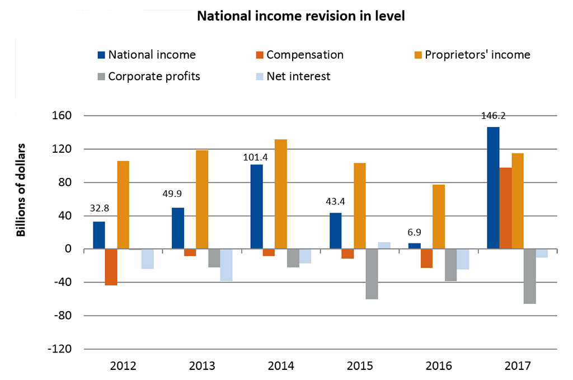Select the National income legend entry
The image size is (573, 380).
pos(147,55)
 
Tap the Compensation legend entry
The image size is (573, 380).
pos(299,55)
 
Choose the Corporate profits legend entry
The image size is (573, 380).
pos(148,76)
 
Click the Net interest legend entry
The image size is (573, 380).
pos(293,76)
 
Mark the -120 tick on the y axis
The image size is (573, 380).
pos(62,349)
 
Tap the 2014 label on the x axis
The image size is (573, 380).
pos(280,367)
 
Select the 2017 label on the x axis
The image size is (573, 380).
pos(517,367)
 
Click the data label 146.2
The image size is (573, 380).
pos(493,116)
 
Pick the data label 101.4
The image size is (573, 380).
pos(256,157)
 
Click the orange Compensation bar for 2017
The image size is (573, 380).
pos(505,208)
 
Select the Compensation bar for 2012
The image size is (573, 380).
pos(111,267)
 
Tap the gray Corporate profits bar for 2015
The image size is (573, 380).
pos(372,274)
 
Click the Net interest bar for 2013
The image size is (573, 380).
pos(226,265)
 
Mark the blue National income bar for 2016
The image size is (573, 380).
pos(414,246)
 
